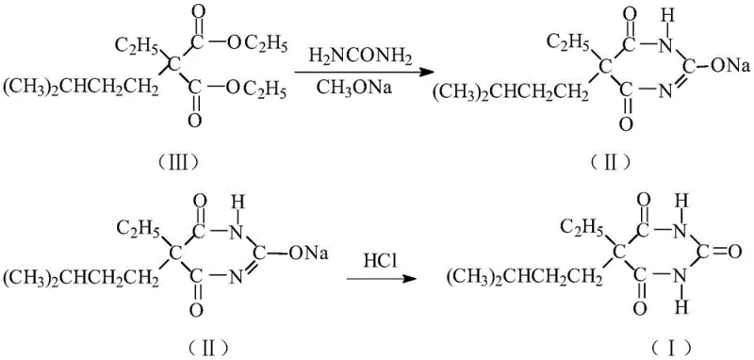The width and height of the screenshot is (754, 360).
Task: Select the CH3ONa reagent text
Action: point(354,91)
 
